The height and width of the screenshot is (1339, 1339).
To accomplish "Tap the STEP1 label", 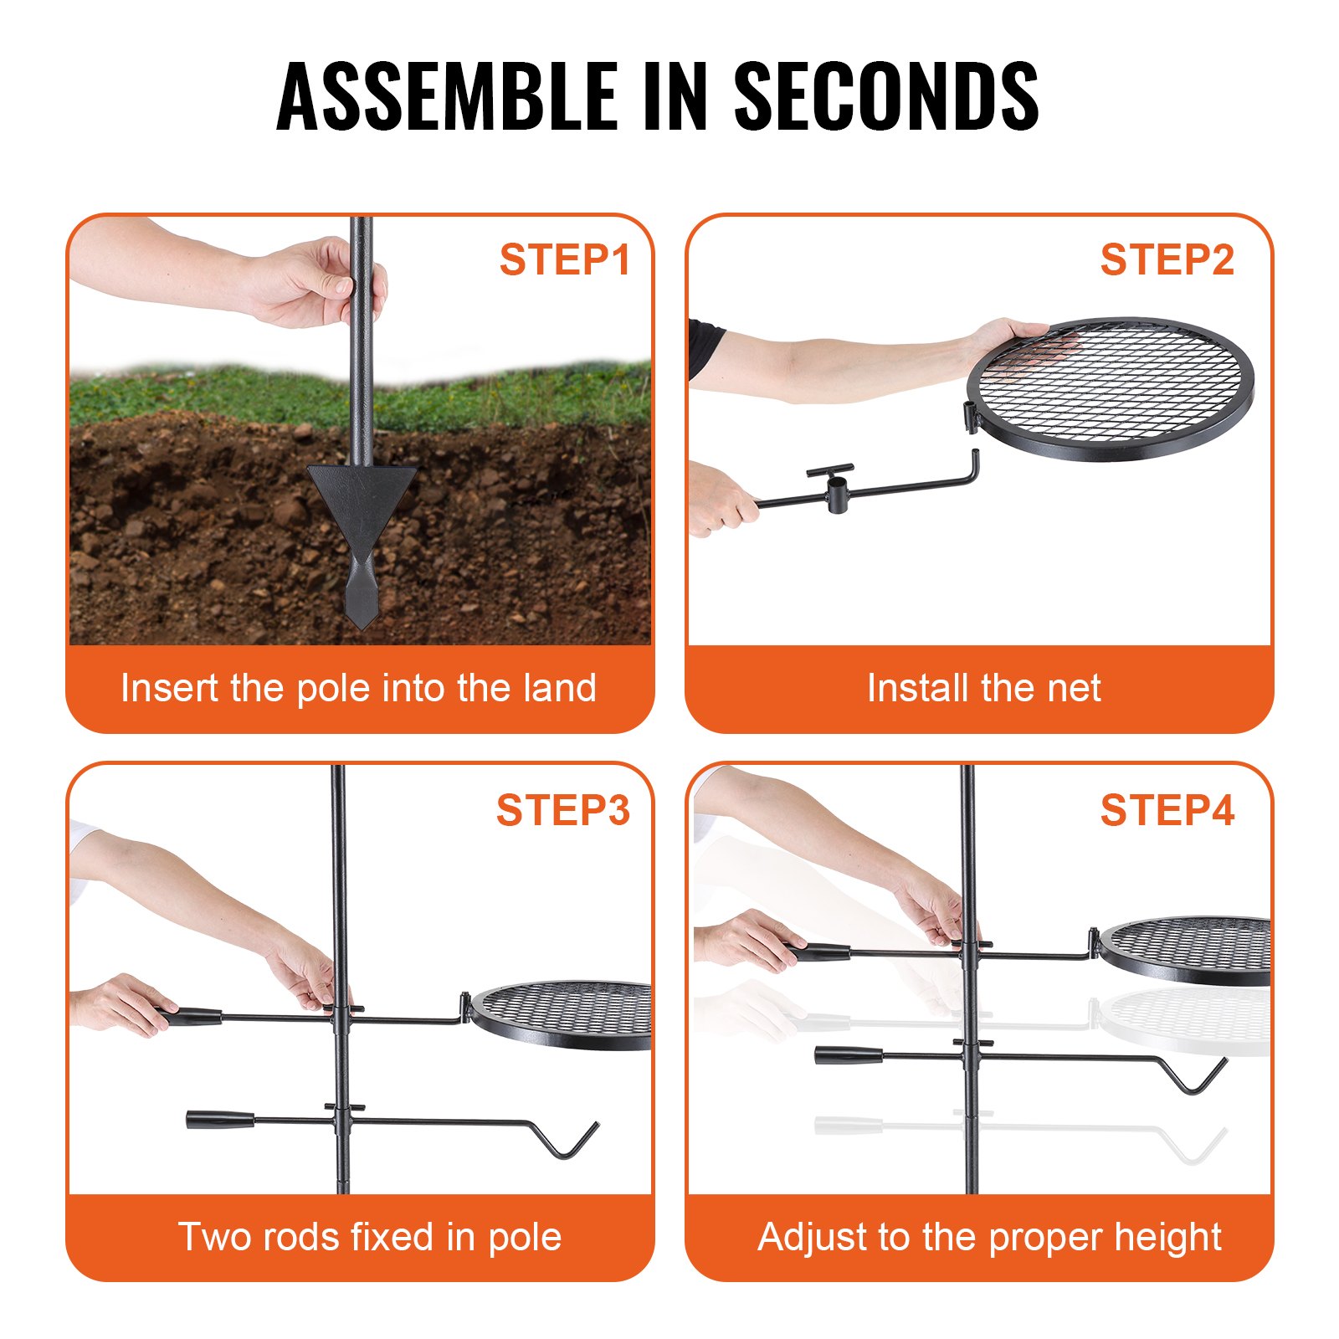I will (x=564, y=259).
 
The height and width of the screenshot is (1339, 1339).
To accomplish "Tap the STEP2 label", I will (x=1167, y=259).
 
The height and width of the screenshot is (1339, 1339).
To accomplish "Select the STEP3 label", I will (x=562, y=810).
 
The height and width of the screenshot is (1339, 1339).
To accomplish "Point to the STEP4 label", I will (x=1167, y=810).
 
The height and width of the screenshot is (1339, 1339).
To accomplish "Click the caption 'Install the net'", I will (x=983, y=688).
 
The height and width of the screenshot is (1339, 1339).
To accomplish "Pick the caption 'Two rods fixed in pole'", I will (x=369, y=1237).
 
